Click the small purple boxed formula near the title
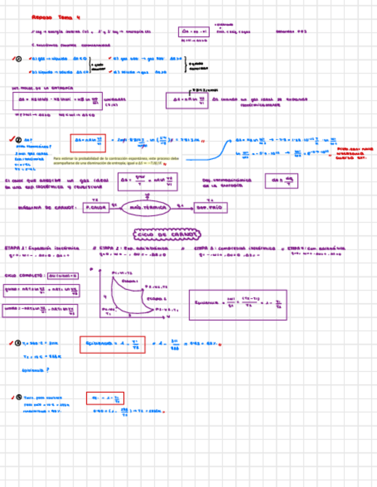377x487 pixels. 194,32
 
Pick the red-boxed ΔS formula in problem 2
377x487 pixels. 88,142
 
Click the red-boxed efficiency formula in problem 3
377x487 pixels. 112,345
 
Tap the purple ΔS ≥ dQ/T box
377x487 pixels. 282,181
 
